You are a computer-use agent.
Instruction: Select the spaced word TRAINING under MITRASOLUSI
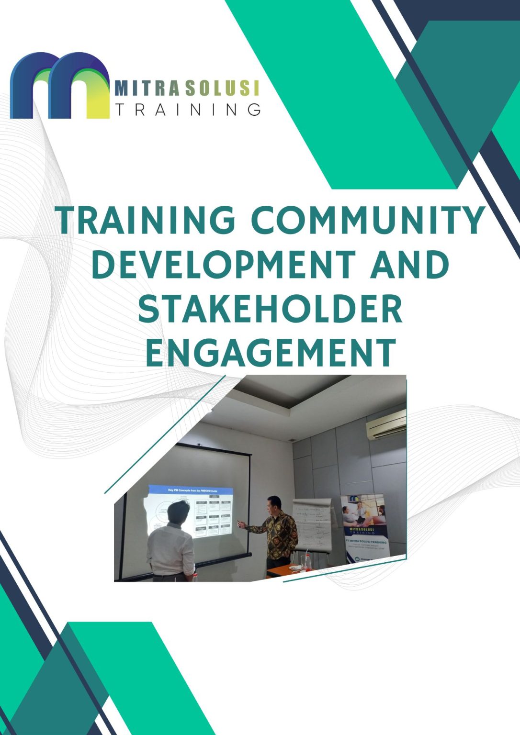pyautogui.click(x=188, y=110)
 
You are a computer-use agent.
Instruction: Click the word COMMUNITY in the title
pyautogui.click(x=368, y=221)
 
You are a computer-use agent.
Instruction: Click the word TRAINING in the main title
pyautogui.click(x=147, y=221)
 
